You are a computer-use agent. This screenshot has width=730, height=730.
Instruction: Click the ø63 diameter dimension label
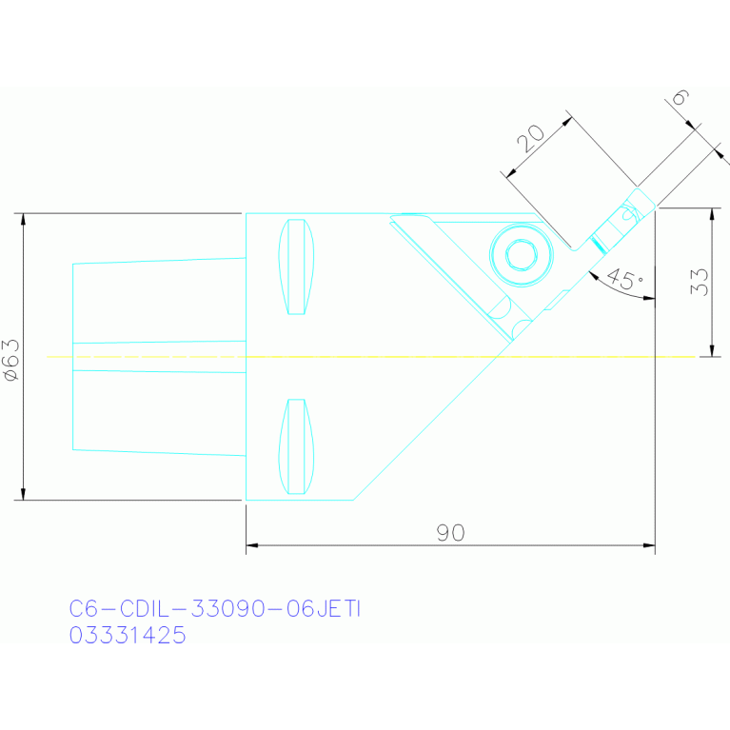coord(11,360)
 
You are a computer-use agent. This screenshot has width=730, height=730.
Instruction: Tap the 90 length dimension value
coord(450,533)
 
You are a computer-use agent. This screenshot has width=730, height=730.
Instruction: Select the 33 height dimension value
coord(699,282)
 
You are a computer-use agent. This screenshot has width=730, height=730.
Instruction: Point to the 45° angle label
coord(625,279)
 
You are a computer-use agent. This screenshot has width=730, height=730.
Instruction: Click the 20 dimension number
coord(531,138)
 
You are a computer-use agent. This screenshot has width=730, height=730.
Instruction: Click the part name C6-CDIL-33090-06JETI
coord(215,608)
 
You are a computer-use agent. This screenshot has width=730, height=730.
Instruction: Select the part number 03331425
coord(128,635)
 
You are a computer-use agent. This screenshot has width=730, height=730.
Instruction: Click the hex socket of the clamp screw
coord(522,255)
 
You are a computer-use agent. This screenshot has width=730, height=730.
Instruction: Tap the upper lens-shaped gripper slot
coord(296,266)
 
